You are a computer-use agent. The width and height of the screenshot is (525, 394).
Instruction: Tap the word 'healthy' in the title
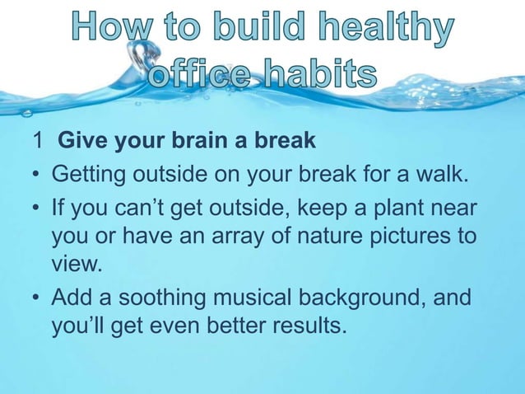pos(382,31)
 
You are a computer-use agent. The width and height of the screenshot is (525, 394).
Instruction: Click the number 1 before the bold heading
pos(39,140)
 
